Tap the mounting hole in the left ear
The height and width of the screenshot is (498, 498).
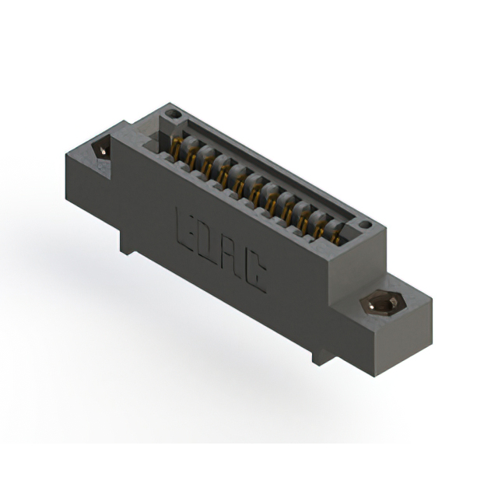coord(100,149)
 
